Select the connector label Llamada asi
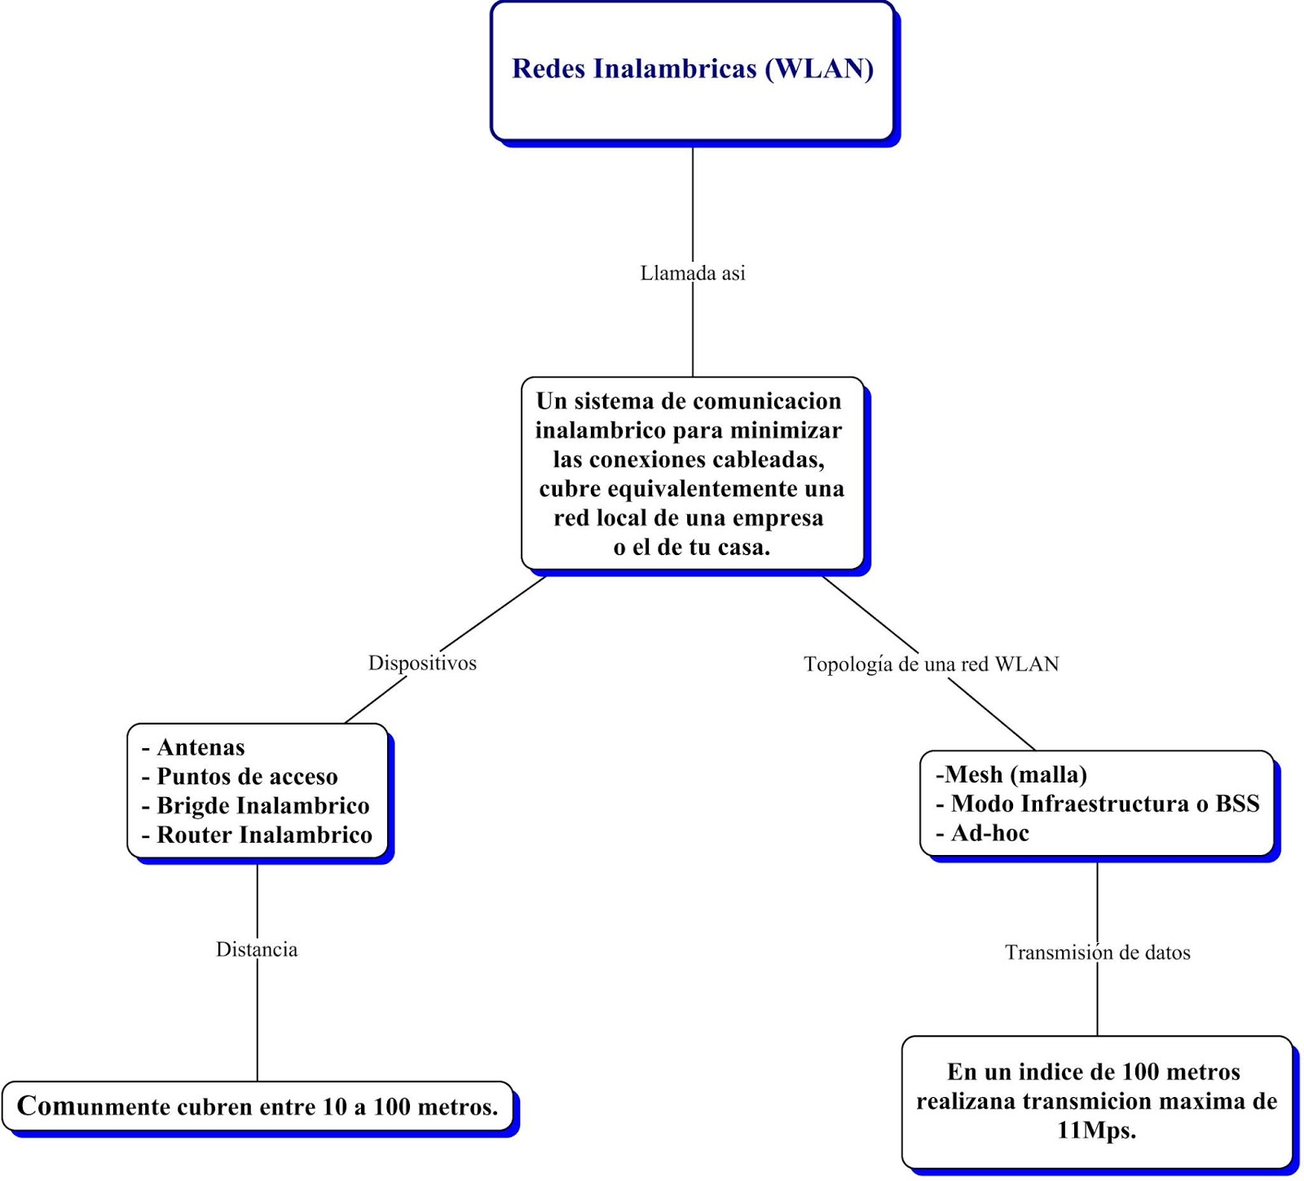tap(692, 273)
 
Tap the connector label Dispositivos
tap(422, 663)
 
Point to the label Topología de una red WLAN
tap(931, 664)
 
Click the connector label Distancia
tap(257, 950)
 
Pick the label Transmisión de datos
tap(1097, 952)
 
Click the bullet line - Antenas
tap(193, 747)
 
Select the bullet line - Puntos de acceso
tap(240, 777)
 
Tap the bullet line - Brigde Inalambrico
tap(255, 806)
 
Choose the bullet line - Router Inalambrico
tap(257, 835)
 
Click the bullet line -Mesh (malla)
tap(1011, 774)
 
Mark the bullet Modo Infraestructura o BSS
tap(1104, 804)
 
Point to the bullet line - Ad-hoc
tap(982, 833)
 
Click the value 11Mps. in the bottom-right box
tap(1096, 1130)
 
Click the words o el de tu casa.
tap(691, 547)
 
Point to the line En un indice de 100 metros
tap(1093, 1072)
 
